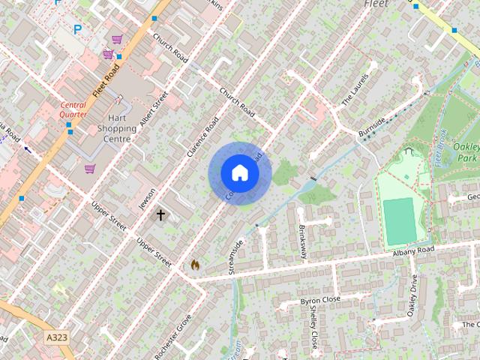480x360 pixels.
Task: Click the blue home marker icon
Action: point(239,173)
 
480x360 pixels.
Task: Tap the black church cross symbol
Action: point(160,215)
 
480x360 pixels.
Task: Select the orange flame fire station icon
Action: point(195,264)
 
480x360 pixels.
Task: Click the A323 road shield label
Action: point(57,337)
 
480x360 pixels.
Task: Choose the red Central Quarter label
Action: point(73,109)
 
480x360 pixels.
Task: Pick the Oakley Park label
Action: point(466,153)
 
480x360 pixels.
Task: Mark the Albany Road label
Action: point(413,251)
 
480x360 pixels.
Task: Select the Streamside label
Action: point(236,256)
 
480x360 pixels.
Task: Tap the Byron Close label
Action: point(320,301)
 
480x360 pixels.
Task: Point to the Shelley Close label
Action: point(313,331)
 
